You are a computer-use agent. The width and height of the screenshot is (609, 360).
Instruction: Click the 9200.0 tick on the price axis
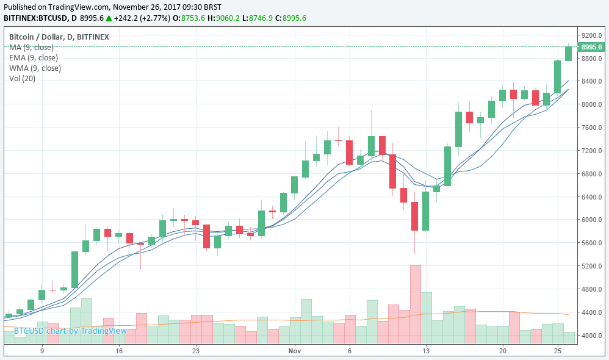591,35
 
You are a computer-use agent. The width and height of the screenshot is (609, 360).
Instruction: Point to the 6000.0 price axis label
591,220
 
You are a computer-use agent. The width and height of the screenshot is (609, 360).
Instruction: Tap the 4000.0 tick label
591,336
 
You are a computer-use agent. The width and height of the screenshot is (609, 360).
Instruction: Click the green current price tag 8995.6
591,47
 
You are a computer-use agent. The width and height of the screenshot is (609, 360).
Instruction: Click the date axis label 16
119,351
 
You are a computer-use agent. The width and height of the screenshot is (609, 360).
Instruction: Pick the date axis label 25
557,351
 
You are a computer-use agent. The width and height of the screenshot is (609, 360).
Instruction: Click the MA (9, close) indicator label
31,47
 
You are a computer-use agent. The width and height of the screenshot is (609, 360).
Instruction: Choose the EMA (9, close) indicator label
34,57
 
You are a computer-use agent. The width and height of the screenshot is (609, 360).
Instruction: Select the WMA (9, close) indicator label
35,68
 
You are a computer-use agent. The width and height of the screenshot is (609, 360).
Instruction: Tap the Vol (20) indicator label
22,78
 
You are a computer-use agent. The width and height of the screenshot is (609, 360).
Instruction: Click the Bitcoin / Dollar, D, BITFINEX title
59,37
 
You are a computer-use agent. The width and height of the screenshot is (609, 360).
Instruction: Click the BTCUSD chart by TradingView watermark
70,331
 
